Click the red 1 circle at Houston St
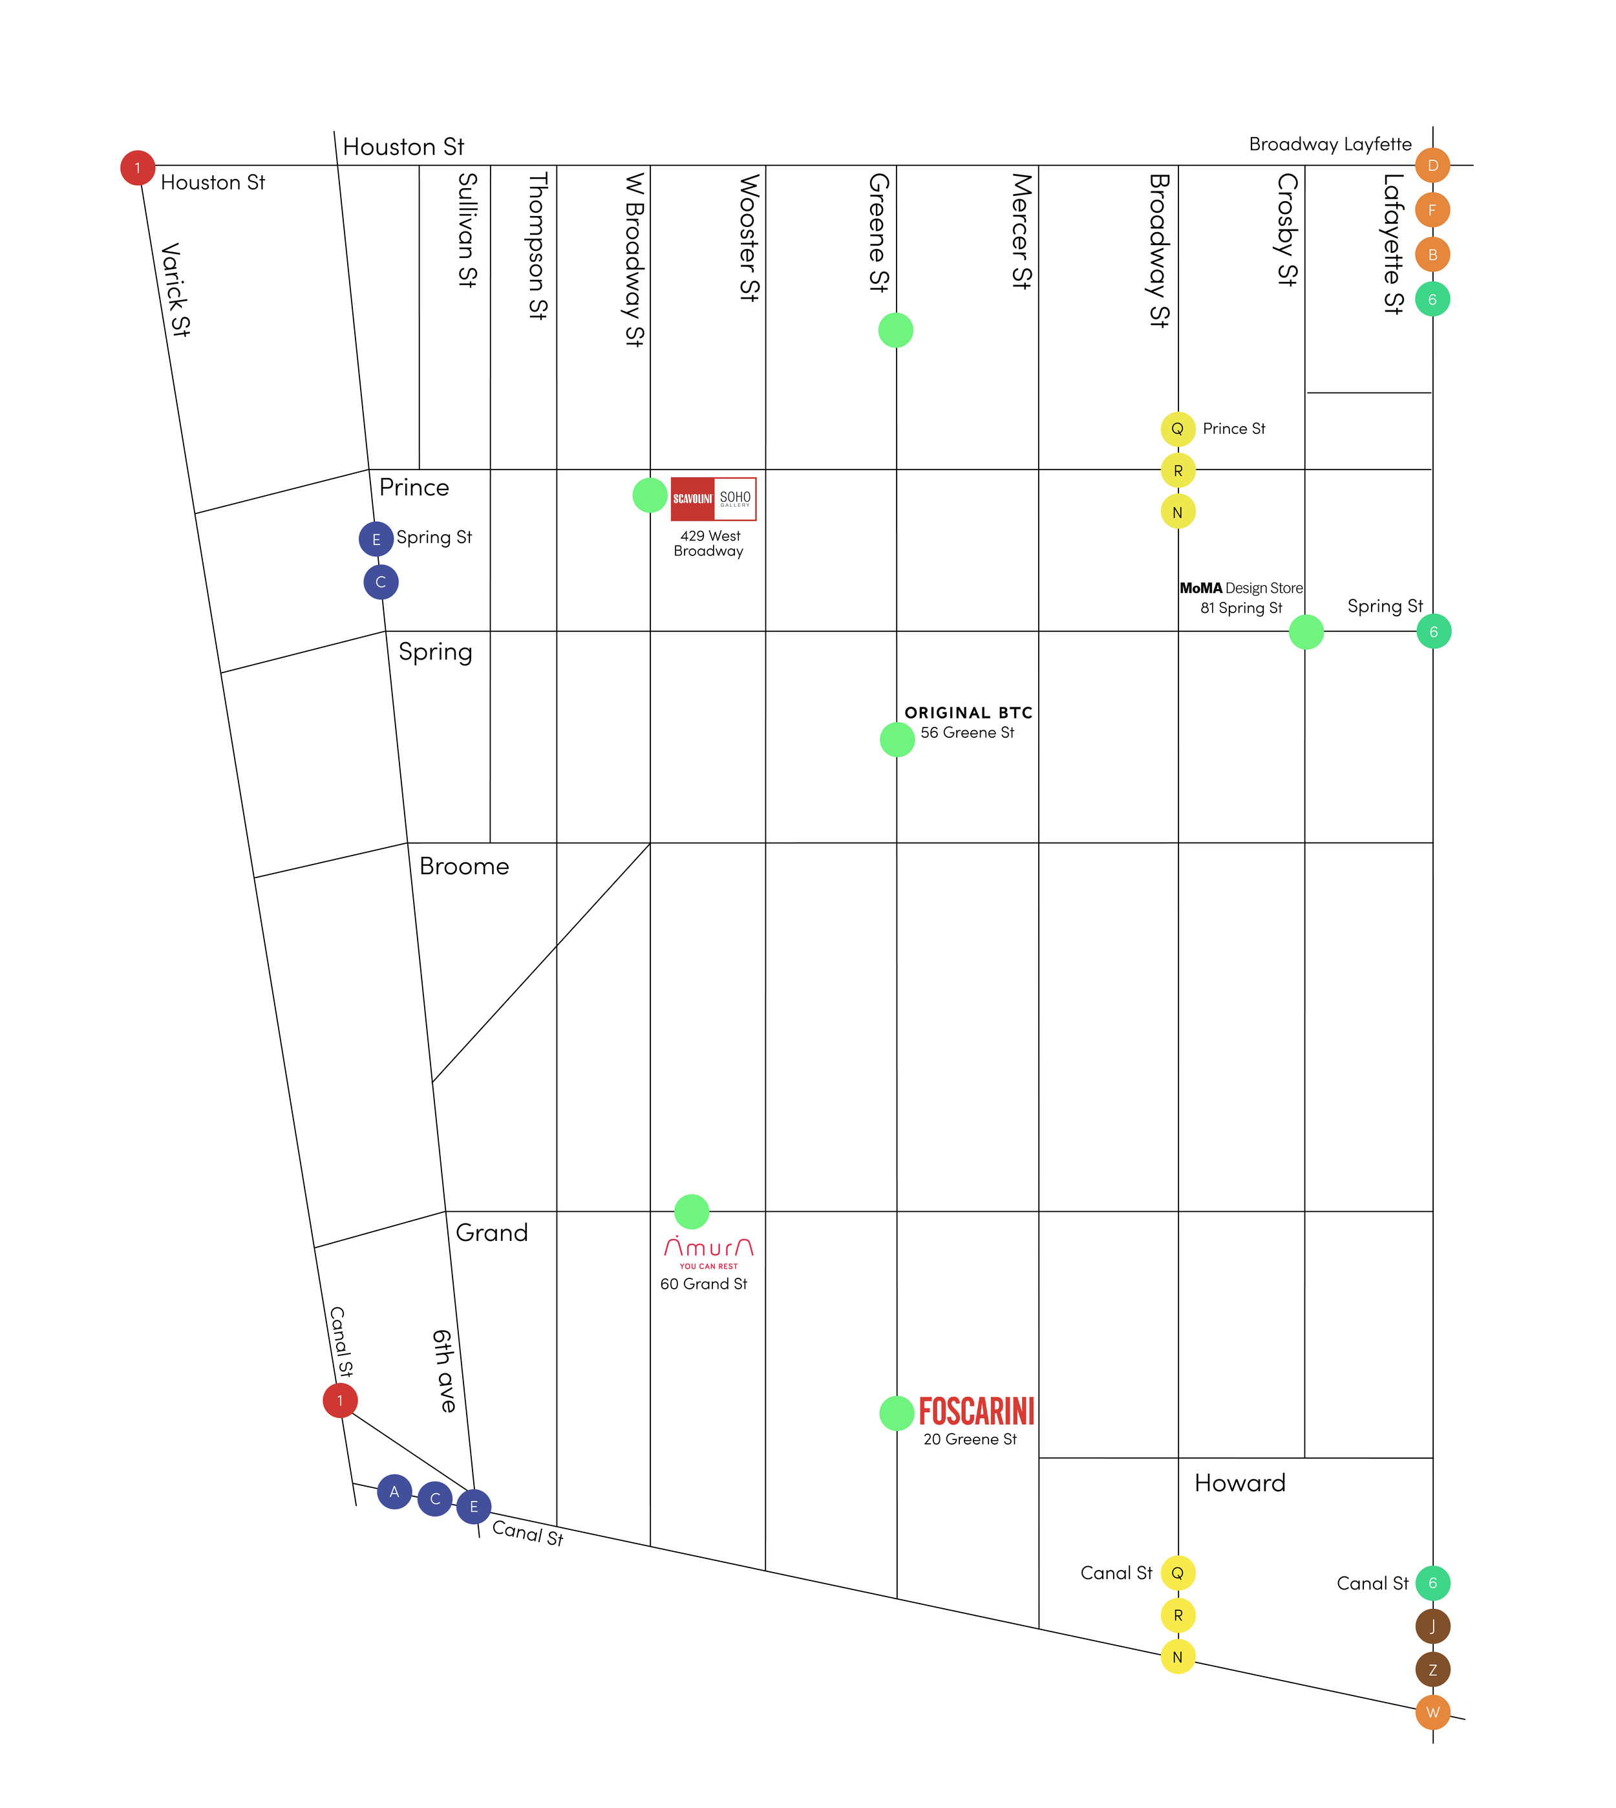138,168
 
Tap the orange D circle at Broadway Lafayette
1432,165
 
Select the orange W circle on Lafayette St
1432,1712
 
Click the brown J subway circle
1432,1626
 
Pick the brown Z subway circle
1432,1670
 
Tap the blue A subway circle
394,1492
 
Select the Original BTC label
968,712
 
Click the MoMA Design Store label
1240,588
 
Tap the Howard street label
1240,1483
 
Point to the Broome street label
463,866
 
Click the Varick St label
175,290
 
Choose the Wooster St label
749,238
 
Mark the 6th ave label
444,1370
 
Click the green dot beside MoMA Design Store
1305,632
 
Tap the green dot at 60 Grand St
692,1211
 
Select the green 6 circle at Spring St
1433,631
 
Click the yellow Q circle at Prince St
1177,429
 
